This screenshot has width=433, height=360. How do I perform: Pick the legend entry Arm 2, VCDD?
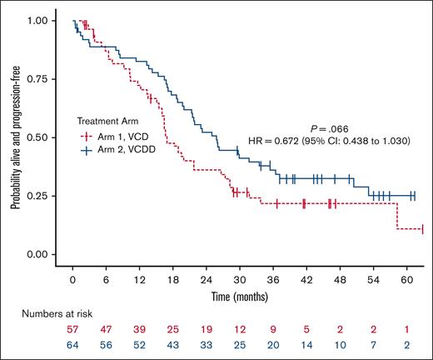point(127,150)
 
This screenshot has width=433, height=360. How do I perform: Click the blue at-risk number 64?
point(73,345)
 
